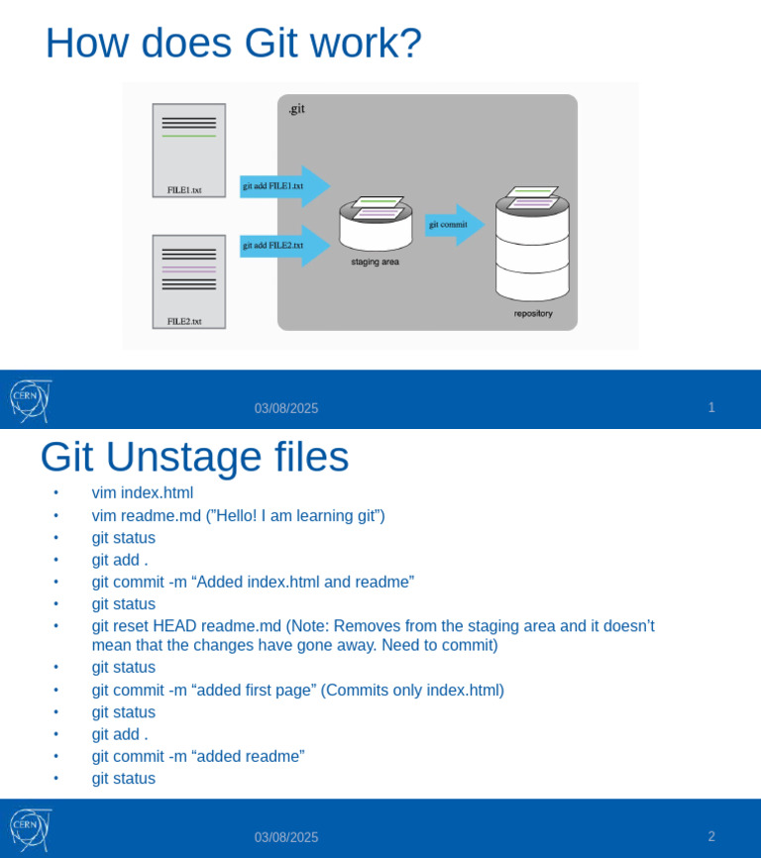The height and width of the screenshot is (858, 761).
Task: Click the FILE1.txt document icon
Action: [x=188, y=150]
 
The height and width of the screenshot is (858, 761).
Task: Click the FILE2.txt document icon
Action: [x=188, y=280]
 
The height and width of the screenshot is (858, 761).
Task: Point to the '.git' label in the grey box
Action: [x=296, y=109]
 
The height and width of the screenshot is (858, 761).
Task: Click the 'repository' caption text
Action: [x=533, y=314]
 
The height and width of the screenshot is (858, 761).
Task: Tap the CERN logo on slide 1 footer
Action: [x=30, y=400]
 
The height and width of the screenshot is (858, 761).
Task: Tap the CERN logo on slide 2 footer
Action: [x=30, y=829]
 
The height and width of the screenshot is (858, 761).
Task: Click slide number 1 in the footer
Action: [x=711, y=407]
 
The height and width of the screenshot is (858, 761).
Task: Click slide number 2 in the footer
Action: [x=711, y=836]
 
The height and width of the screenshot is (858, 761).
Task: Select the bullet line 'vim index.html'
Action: [x=143, y=492]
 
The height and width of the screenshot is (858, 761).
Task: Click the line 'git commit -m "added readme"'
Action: [x=198, y=756]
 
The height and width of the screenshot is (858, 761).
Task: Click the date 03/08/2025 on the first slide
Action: [x=286, y=408]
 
